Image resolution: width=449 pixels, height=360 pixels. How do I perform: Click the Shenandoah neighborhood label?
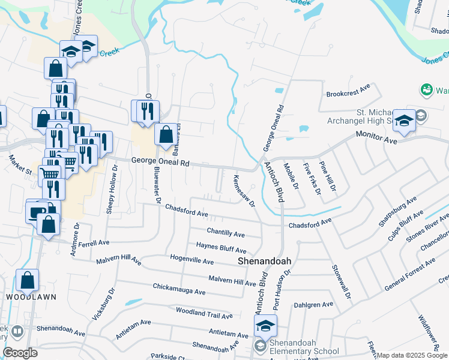pos(264,262)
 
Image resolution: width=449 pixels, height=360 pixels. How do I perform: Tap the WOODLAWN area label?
pos(27,297)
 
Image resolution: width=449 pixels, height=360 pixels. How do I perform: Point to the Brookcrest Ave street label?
pos(348,95)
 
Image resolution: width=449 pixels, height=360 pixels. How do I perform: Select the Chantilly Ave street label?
pos(226,232)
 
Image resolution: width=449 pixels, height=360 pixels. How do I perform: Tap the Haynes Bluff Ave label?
pos(221,247)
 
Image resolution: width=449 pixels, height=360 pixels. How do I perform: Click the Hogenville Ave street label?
pos(192,262)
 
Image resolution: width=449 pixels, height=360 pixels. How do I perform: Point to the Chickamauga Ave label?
pos(179,289)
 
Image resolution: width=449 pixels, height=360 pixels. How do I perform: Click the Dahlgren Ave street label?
pos(313,305)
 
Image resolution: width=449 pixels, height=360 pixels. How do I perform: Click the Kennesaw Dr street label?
pos(244,191)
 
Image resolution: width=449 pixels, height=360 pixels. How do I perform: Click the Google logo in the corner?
pos(20,353)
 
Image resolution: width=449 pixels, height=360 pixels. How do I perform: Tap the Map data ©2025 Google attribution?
pos(412,355)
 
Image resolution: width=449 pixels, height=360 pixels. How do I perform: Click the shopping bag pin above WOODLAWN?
pos(27,280)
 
